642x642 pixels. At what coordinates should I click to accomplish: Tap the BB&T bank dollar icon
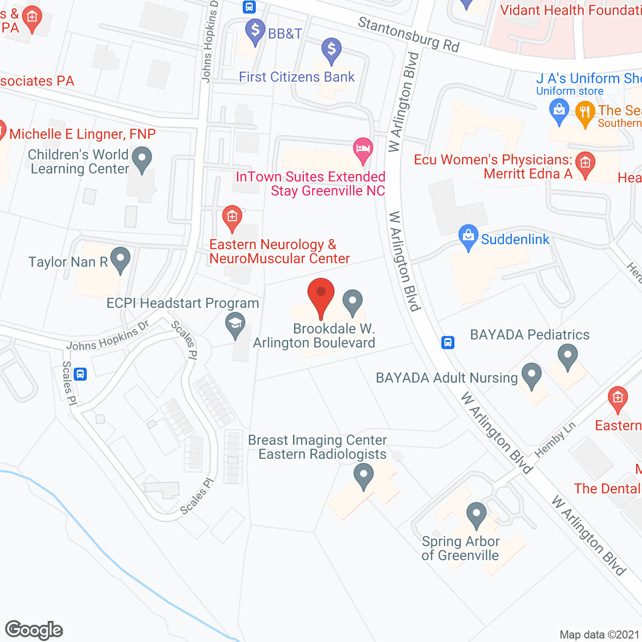pyautogui.click(x=255, y=32)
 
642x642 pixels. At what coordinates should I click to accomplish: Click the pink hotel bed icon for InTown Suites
pyautogui.click(x=363, y=149)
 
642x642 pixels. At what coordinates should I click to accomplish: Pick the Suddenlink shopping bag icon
pyautogui.click(x=468, y=236)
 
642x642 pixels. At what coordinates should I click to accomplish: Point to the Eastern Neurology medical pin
pyautogui.click(x=232, y=218)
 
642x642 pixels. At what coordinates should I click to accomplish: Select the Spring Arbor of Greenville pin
pyautogui.click(x=476, y=515)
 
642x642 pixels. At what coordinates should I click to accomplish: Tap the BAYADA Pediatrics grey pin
pyautogui.click(x=568, y=356)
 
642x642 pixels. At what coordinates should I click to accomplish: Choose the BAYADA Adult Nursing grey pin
pyautogui.click(x=532, y=375)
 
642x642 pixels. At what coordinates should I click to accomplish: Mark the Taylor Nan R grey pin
pyautogui.click(x=120, y=259)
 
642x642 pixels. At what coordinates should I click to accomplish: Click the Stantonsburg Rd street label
pyautogui.click(x=408, y=34)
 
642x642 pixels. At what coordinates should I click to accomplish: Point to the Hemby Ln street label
pyautogui.click(x=555, y=440)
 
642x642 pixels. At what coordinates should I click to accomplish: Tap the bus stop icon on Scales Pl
pyautogui.click(x=80, y=374)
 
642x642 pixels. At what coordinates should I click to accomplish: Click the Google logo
pyautogui.click(x=34, y=630)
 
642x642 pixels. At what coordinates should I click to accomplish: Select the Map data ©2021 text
pyautogui.click(x=599, y=634)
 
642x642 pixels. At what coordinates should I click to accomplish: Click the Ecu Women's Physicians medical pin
pyautogui.click(x=585, y=164)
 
